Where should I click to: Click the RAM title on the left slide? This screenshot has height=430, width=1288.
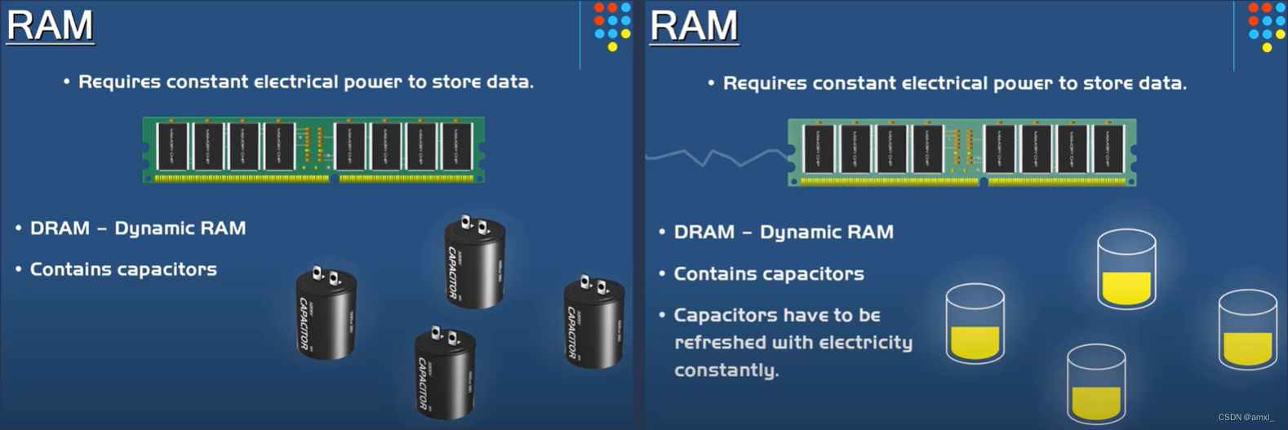coord(50,24)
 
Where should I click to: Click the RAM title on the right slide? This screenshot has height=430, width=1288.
coord(694,25)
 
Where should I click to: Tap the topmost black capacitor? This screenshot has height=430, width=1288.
coord(474,262)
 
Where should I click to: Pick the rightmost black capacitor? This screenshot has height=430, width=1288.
coord(594,321)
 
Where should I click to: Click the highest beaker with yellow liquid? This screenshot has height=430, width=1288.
coord(1126,268)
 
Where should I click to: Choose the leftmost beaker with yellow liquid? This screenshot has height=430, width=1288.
coord(975,324)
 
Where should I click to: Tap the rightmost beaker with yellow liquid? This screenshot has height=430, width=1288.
coord(1247,330)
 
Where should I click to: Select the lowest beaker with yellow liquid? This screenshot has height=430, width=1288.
coord(1096,384)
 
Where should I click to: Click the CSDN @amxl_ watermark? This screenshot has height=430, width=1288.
coord(1246,417)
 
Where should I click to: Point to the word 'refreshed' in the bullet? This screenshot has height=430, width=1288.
coord(719,343)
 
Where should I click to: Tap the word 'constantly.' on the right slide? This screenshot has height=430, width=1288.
coord(726,370)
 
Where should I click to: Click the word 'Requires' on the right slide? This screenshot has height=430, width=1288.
coord(764,83)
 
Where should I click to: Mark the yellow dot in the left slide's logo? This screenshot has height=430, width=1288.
coord(612,47)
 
